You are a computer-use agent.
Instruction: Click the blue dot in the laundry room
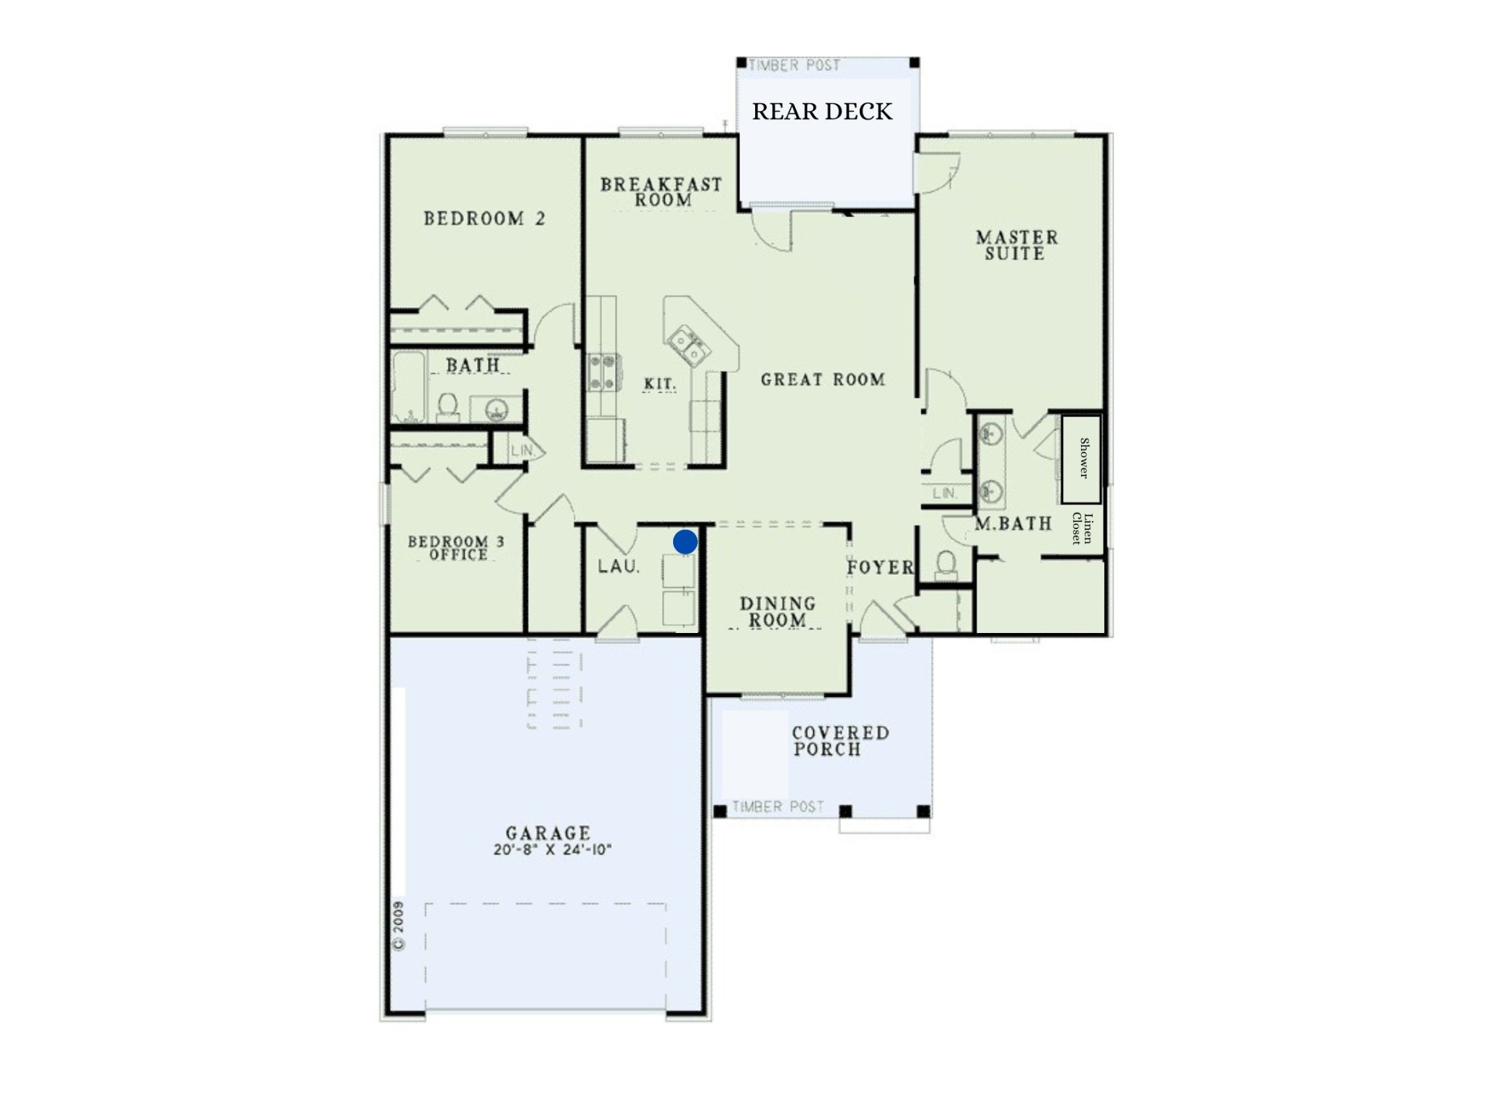(685, 542)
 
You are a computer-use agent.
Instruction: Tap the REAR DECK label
(822, 111)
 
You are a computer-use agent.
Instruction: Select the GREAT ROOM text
(823, 379)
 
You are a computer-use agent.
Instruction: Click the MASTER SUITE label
(1017, 245)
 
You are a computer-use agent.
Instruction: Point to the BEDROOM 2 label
(484, 218)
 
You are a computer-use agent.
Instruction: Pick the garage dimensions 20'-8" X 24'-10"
(553, 849)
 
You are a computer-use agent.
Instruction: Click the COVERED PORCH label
(840, 741)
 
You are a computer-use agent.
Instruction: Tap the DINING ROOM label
(778, 612)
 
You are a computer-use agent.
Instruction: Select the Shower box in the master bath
(1081, 459)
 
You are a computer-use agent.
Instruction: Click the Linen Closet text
(1082, 528)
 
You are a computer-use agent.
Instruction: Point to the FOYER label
(880, 567)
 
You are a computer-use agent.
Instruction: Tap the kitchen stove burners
(603, 372)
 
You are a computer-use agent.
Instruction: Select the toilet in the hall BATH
(447, 407)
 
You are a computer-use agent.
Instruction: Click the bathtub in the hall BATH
(410, 387)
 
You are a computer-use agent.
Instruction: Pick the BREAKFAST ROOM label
(661, 192)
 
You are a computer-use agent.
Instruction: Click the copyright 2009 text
(398, 926)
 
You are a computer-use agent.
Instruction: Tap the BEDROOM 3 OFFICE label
(456, 548)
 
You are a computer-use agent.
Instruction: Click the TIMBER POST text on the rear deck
(794, 65)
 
